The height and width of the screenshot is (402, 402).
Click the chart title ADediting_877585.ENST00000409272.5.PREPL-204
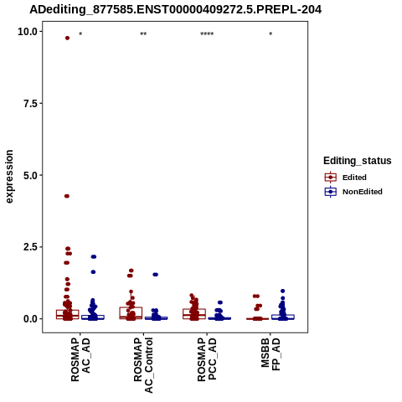pyautogui.click(x=176, y=9)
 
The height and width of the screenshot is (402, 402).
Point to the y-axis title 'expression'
pyautogui.click(x=9, y=177)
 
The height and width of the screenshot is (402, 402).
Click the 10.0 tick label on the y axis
pyautogui.click(x=28, y=32)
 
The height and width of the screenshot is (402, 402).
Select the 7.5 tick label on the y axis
pyautogui.click(x=30, y=104)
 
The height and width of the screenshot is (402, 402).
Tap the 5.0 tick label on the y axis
pyautogui.click(x=30, y=175)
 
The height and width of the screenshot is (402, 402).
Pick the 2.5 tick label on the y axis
pyautogui.click(x=30, y=247)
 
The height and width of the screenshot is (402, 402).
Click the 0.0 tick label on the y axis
pyautogui.click(x=30, y=319)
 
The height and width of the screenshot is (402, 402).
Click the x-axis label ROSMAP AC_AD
pyautogui.click(x=80, y=359)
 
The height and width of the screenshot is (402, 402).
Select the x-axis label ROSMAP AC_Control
pyautogui.click(x=143, y=365)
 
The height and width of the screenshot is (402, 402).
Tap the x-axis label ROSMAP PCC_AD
pyautogui.click(x=207, y=359)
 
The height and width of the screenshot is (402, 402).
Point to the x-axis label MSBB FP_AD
pyautogui.click(x=271, y=354)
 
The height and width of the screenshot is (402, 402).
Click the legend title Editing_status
pyautogui.click(x=358, y=161)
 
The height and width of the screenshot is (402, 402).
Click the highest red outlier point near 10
pyautogui.click(x=67, y=38)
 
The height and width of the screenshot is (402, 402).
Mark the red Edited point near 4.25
pyautogui.click(x=67, y=196)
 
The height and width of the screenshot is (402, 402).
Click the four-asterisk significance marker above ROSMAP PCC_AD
pyautogui.click(x=207, y=34)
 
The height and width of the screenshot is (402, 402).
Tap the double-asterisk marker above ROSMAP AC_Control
pyautogui.click(x=143, y=34)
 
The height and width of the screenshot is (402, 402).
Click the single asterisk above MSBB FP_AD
pyautogui.click(x=271, y=34)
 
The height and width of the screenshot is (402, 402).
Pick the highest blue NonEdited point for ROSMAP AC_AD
pyautogui.click(x=94, y=256)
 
